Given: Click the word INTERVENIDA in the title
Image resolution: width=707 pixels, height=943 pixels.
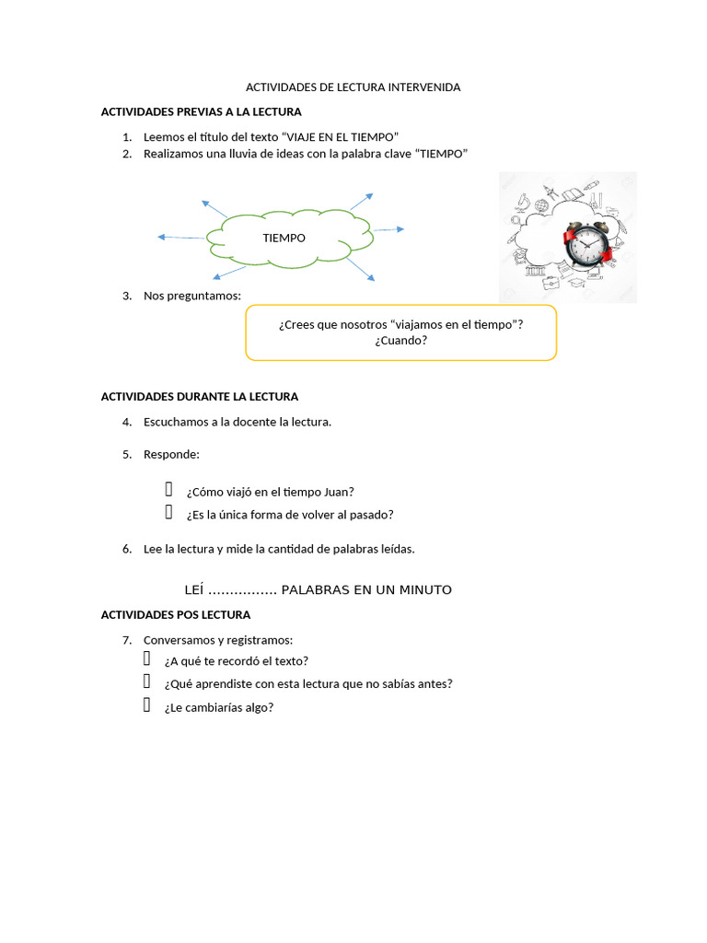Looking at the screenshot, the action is coord(423,87).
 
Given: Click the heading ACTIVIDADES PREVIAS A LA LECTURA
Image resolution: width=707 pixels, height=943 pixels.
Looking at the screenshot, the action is coord(201,111).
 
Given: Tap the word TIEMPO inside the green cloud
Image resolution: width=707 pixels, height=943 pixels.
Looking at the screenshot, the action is coord(284,239).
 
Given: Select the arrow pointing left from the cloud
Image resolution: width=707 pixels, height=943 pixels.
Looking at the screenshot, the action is coord(181,238).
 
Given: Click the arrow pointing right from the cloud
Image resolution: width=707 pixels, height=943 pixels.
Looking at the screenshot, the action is coord(389,229).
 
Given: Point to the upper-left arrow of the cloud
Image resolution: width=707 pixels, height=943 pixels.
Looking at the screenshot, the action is coord(214,209).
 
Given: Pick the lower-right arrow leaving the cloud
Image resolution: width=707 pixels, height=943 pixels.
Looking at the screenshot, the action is coord(360,269).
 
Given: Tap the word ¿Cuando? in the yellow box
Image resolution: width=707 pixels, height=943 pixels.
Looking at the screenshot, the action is coord(401,341).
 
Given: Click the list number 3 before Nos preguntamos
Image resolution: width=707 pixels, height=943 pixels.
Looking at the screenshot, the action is coord(127,296).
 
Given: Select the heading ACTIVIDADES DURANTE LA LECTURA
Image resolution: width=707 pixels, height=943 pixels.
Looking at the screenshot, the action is coord(200,397).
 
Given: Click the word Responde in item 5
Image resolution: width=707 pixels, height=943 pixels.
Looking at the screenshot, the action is coord(171,455).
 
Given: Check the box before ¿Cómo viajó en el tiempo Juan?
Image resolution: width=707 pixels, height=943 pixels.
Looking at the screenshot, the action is coord(169,490).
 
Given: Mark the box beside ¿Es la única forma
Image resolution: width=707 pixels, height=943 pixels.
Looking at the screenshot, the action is coord(169,512).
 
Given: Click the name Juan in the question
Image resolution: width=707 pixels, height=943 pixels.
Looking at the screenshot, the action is coord(339,492).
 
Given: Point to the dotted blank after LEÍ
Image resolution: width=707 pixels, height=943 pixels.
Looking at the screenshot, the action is coord(242,592).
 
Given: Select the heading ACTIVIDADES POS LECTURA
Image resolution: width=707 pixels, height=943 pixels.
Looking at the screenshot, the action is coord(176,615).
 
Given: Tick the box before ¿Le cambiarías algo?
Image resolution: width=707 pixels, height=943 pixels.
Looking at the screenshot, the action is coord(146,704).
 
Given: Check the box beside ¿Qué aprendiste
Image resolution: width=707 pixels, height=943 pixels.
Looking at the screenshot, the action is coord(146,681).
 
